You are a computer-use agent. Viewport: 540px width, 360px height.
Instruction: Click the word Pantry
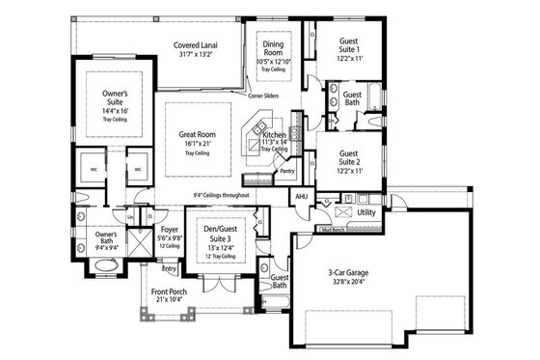point(286,171)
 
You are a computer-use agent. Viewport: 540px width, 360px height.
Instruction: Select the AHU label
point(301,197)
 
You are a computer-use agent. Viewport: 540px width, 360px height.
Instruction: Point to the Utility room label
point(365,211)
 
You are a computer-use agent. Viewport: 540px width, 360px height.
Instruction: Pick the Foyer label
point(170,230)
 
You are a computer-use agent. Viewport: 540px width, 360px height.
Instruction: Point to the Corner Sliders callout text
point(263,97)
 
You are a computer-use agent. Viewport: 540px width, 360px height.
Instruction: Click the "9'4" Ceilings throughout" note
point(221,196)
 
